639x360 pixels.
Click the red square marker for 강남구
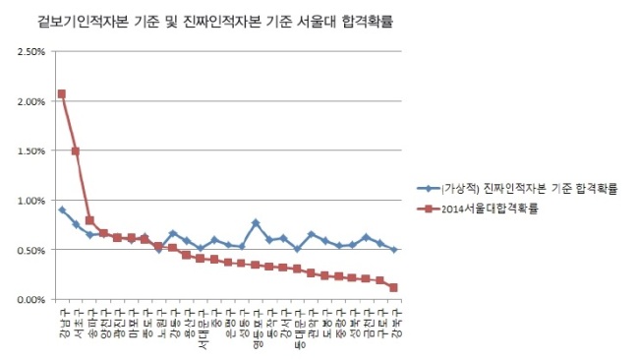click(62, 94)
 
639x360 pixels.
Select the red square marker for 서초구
click(76, 151)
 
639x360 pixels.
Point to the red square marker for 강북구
click(393, 288)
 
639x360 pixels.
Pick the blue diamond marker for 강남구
click(62, 210)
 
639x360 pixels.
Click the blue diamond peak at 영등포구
click(256, 223)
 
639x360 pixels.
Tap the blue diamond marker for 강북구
click(393, 250)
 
